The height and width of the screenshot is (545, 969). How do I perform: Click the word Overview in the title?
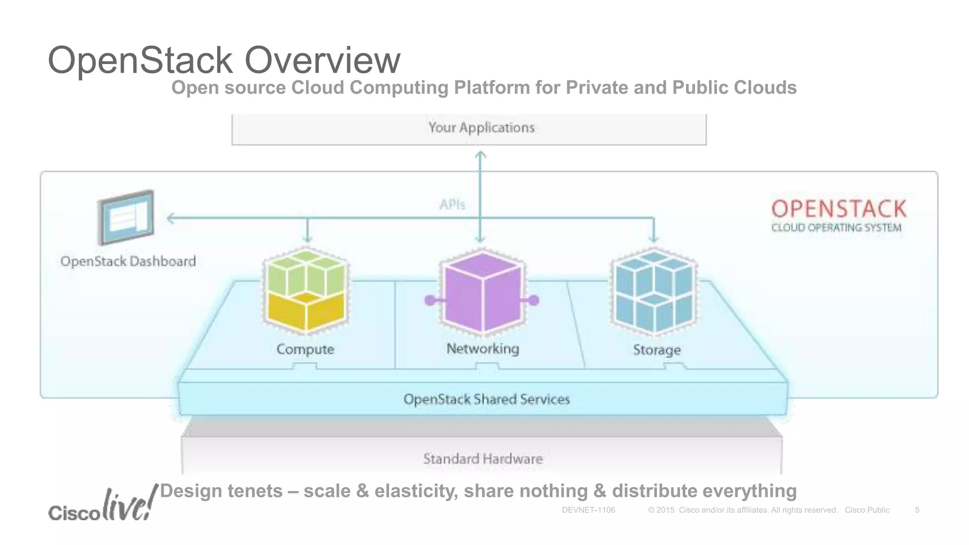pos(322,61)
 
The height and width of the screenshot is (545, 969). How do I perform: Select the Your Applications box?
pos(468,128)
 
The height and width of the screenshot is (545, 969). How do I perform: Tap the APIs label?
pos(452,204)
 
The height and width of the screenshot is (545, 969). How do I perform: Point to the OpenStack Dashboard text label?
pos(128,261)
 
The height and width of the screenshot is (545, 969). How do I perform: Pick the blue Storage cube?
pos(654,291)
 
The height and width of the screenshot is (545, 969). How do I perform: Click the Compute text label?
pos(305,349)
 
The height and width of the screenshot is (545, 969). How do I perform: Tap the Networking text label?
pos(483,349)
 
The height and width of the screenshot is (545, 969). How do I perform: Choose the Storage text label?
pos(657,350)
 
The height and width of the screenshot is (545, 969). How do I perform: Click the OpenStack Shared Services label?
pos(486,399)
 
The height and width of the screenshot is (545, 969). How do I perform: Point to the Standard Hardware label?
pos(483,458)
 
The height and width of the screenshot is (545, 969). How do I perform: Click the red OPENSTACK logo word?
pos(838,209)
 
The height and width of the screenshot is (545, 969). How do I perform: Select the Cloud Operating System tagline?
pos(836,228)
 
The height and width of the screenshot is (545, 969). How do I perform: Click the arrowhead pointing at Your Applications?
pos(480,154)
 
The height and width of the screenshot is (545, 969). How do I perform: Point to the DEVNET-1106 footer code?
pos(588,510)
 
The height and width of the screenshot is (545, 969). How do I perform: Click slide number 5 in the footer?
pos(917,510)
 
